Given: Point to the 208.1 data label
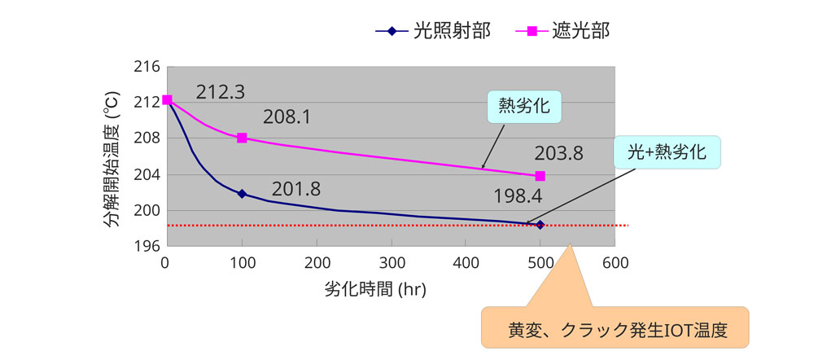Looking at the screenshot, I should pos(287,117).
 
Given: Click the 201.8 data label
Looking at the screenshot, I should pos(296,190).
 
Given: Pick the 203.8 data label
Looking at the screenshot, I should pos(558,152).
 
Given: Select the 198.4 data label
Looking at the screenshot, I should pos(519,196).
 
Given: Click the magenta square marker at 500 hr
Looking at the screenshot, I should pos(540,176).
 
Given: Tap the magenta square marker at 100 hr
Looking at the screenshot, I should pos(242,138).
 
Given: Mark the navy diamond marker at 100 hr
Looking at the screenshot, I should pos(242,194).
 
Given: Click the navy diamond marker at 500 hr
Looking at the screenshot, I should pos(540,224).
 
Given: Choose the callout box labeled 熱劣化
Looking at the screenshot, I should pos(525,107).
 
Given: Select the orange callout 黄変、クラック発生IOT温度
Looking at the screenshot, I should pos(615,331).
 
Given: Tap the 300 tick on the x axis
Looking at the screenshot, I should pos(391,262).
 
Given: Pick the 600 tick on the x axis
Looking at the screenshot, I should pos(615,262).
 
